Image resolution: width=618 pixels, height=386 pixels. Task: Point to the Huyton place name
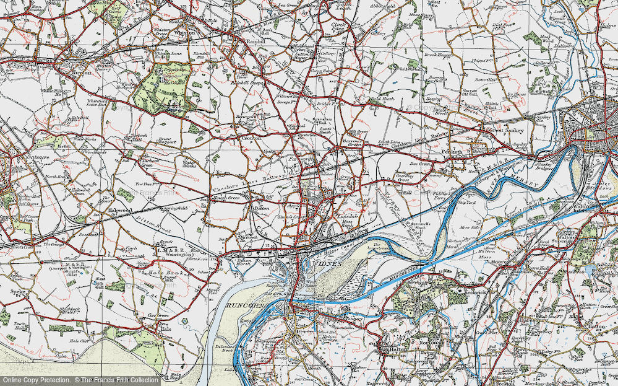point(81,72)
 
